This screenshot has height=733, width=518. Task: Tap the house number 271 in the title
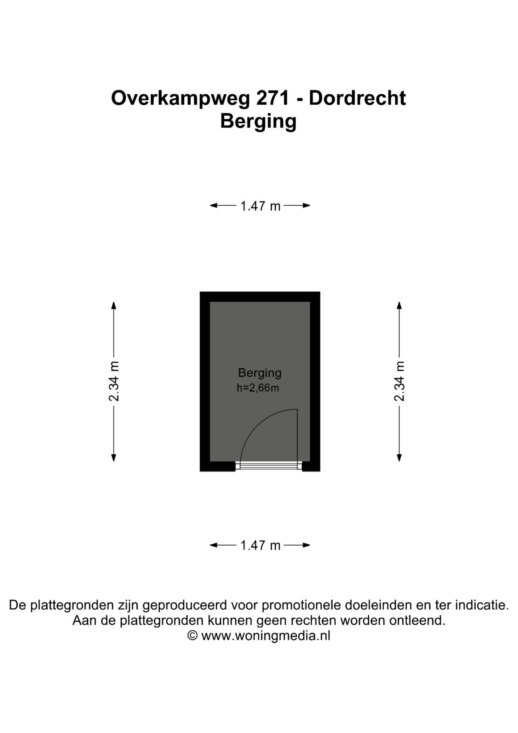click(272, 98)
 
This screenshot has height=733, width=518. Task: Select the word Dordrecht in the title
click(357, 98)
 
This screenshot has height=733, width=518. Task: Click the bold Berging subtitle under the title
click(258, 121)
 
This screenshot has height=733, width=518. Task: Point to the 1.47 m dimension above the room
click(260, 206)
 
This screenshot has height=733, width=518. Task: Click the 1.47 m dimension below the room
click(260, 545)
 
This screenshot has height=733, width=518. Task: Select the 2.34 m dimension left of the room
click(114, 381)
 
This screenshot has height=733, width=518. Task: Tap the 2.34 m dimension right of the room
click(399, 381)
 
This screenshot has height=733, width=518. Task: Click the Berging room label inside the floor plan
click(260, 373)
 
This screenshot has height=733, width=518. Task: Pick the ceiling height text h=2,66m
click(258, 388)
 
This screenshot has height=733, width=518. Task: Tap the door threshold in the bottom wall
click(269, 465)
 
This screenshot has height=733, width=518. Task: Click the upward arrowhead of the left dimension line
click(114, 305)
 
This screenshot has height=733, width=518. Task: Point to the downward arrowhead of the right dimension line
click(399, 458)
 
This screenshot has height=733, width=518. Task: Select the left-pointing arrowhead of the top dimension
click(214, 205)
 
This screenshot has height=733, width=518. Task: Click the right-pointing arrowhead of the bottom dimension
click(306, 545)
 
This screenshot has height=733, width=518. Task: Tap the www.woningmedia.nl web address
click(265, 636)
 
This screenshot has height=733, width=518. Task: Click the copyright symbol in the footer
click(193, 636)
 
